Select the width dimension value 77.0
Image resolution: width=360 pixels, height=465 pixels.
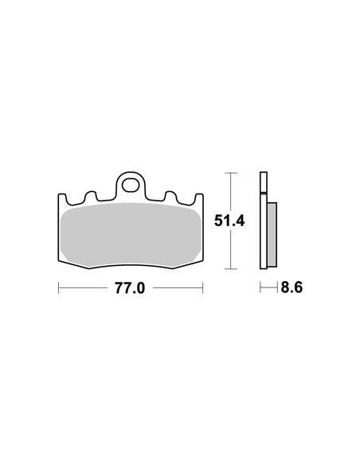click(130, 288)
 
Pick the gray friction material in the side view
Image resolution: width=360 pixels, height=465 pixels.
click(271, 235)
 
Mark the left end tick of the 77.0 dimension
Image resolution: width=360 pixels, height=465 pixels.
click(58, 288)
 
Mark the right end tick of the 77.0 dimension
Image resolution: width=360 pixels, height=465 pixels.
click(202, 288)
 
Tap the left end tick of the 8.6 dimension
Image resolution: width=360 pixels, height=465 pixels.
click(260, 288)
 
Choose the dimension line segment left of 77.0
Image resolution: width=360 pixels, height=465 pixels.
click(84, 288)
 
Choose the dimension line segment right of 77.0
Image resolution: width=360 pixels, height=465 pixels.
click(175, 288)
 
